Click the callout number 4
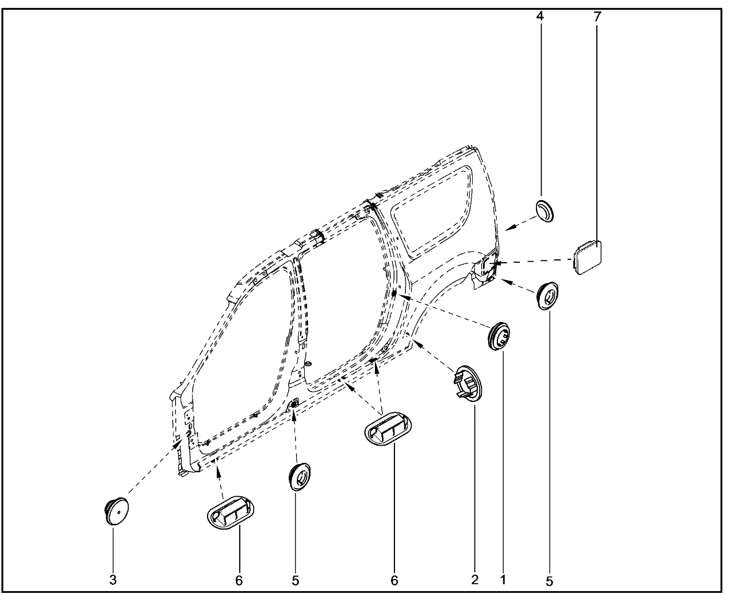coord(540,16)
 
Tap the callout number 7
coord(597,17)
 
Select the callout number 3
coord(113,580)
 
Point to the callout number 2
coord(474,580)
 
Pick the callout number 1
coord(503,580)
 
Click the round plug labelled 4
coord(545,211)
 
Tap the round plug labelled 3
coord(116,511)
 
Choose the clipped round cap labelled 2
coord(468,384)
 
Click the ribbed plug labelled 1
coord(500,336)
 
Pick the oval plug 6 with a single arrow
coord(231,514)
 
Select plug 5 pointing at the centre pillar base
coord(299,477)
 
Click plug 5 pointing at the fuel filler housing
coord(548,296)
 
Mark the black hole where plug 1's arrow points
coord(394,294)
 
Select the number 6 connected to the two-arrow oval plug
coord(394,580)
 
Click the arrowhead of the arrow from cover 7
coord(496,263)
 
